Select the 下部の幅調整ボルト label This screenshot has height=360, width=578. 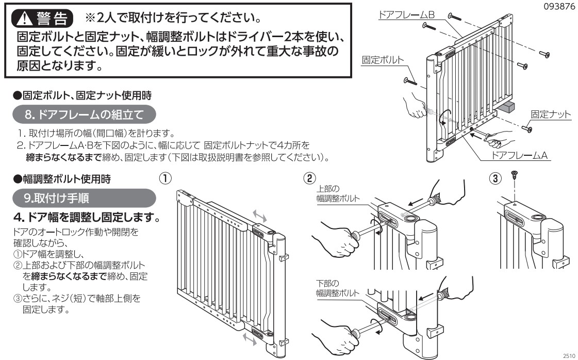click(x=334, y=288)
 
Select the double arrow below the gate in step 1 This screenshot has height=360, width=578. click(x=250, y=339)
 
